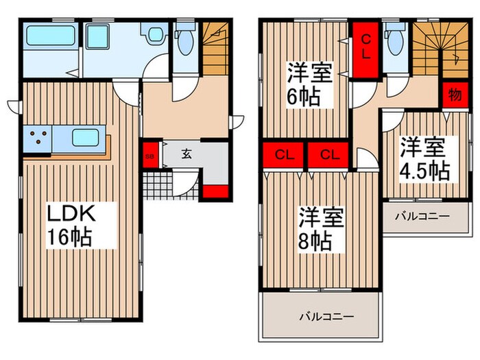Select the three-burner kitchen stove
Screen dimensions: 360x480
pyautogui.click(x=38, y=138)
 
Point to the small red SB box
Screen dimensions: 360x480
pyautogui.click(x=149, y=154)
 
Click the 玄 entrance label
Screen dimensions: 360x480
pyautogui.click(x=186, y=153)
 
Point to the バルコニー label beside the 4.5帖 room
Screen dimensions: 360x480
pyautogui.click(x=422, y=217)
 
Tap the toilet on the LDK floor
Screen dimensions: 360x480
pyautogui.click(x=184, y=44)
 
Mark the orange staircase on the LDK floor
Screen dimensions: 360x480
pyautogui.click(x=215, y=47)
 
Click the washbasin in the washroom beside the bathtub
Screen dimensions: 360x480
pyautogui.click(x=149, y=34)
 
